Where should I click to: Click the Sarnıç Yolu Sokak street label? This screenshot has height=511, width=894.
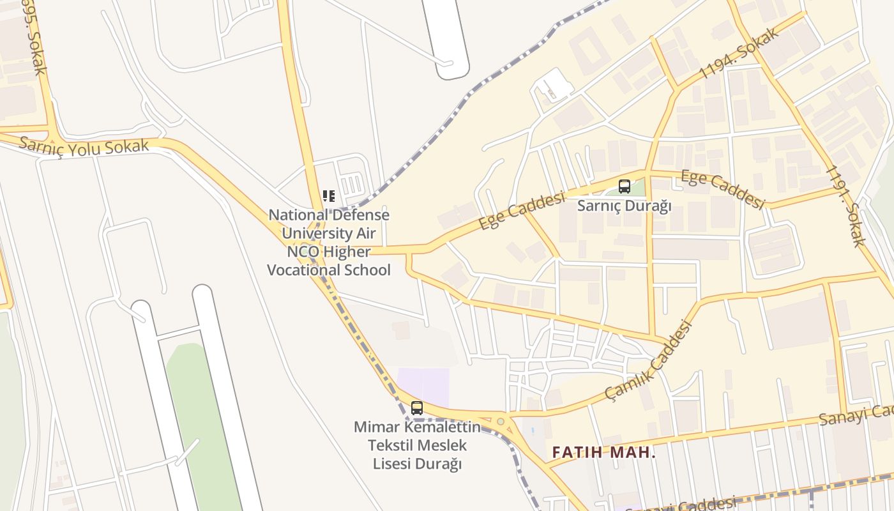click(x=84, y=145)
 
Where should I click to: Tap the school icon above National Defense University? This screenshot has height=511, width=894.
click(x=329, y=195)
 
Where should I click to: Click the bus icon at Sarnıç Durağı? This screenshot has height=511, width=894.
click(x=625, y=187)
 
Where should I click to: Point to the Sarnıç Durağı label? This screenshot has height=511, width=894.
click(x=625, y=206)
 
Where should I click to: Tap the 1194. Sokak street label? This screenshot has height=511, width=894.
click(x=739, y=53)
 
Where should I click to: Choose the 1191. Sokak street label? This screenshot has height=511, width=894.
click(x=845, y=206)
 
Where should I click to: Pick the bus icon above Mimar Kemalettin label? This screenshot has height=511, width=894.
click(x=417, y=408)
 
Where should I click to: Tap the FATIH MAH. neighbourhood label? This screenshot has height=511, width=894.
click(x=603, y=453)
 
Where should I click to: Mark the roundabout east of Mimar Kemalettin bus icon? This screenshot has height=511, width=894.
click(x=501, y=421)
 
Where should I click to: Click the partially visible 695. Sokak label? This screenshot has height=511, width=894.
click(x=32, y=35)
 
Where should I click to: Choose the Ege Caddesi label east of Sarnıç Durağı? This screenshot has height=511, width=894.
click(x=722, y=189)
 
